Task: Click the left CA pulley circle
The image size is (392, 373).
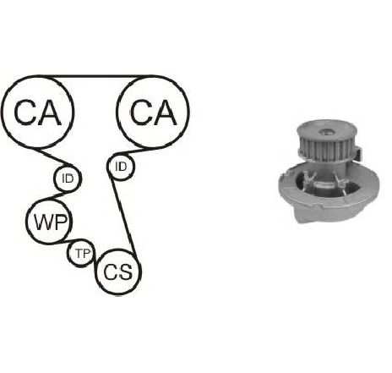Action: tap(37, 76)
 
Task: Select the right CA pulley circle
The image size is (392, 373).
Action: tap(153, 76)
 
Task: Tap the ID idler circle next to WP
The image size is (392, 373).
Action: tap(68, 165)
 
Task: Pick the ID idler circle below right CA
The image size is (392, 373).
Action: tap(121, 154)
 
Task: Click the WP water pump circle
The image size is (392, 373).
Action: tap(49, 200)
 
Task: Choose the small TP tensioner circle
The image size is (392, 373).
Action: tap(82, 240)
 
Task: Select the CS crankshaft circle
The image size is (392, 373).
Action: tap(118, 250)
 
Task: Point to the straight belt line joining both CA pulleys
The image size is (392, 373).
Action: tap(95, 76)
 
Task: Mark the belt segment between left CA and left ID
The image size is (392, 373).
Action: tap(55, 157)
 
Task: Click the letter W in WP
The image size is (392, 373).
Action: tap(42, 222)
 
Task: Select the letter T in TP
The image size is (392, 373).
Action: tap(79, 254)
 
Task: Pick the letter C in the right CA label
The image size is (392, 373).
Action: tap(141, 112)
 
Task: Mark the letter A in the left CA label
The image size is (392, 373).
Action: tap(50, 112)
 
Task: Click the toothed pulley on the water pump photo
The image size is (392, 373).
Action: tap(326, 145)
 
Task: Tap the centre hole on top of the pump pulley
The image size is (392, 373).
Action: tap(326, 131)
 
